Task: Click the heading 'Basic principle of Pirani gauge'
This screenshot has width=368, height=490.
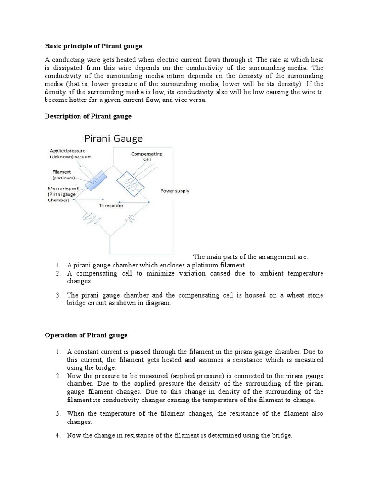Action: click(93, 46)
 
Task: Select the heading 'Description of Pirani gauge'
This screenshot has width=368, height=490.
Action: click(88, 116)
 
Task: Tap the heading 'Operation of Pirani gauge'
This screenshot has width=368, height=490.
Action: click(86, 335)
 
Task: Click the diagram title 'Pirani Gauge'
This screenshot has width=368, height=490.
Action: click(114, 139)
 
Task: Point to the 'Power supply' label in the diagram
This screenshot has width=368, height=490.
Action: click(174, 191)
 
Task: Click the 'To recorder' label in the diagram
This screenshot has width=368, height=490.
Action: click(111, 205)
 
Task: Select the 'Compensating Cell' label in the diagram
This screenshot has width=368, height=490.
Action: click(146, 156)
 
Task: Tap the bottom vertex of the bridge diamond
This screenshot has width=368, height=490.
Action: click(110, 235)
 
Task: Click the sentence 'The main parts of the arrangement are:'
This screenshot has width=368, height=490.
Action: click(250, 257)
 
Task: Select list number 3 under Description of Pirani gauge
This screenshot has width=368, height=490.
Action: click(57, 295)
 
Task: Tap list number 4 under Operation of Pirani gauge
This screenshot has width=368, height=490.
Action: click(57, 435)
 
